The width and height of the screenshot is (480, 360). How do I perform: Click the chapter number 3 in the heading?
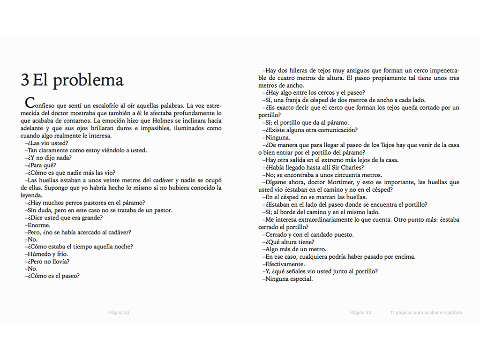(25, 80)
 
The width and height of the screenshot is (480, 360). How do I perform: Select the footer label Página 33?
(119, 313)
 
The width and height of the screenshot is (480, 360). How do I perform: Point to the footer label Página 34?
(360, 313)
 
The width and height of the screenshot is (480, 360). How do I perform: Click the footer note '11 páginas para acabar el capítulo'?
(426, 313)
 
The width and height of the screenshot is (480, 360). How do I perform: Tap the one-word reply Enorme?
(39, 225)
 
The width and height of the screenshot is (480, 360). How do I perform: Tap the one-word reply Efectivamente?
(285, 264)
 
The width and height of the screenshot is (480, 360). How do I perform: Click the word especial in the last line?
(301, 279)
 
